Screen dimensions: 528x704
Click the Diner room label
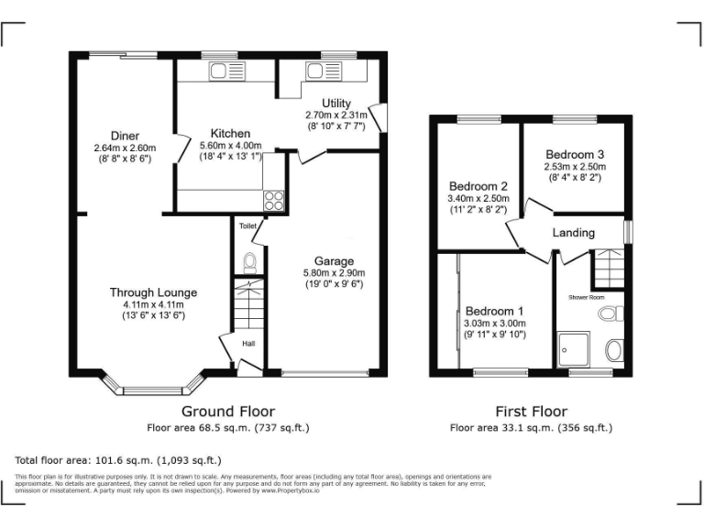[x=125, y=136]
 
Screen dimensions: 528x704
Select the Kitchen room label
[x=230, y=133]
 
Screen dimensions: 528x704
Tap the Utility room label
[x=335, y=103]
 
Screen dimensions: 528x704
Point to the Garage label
[x=334, y=260]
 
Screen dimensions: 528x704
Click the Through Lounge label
[x=153, y=292]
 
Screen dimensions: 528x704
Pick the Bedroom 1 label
[x=495, y=310]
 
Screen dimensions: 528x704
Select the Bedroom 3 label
[x=575, y=154]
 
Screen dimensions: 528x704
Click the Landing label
[x=573, y=233]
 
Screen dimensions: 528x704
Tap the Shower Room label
[x=586, y=297]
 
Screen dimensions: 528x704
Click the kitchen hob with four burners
[x=274, y=201]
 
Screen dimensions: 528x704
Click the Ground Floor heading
[x=227, y=412]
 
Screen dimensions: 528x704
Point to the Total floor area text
[x=118, y=460]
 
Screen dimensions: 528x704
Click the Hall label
[x=248, y=344]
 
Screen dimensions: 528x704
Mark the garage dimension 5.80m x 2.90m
[x=334, y=272]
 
